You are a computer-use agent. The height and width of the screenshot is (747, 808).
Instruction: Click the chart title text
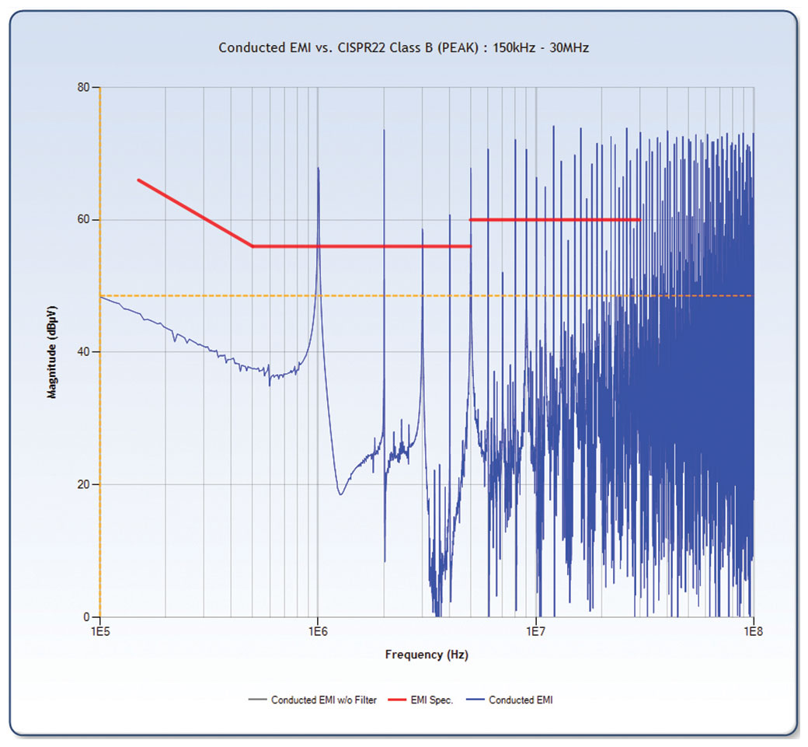coord(403,47)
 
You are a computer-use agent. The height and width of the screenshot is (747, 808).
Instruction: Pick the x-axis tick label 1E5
coord(100,631)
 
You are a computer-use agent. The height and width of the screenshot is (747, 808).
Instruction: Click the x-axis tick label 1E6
coord(318,631)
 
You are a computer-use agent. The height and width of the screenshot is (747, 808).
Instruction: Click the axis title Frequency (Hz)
coord(427,654)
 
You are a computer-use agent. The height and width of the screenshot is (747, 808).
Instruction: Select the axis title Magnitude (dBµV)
coord(53,352)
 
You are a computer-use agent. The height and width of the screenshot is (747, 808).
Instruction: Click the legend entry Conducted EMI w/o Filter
coord(323,700)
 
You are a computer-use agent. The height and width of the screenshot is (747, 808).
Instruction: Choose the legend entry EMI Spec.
coord(431,700)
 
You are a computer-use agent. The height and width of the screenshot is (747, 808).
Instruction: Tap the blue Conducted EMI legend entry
coord(520,700)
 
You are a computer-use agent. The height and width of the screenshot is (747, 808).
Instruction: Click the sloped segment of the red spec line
coord(194,212)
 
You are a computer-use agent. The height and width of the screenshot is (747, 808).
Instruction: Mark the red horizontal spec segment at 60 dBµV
coord(555,220)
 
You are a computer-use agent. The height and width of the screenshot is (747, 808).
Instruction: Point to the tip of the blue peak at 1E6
coord(319,168)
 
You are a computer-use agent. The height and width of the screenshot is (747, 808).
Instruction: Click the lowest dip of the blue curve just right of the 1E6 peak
coord(340,494)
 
